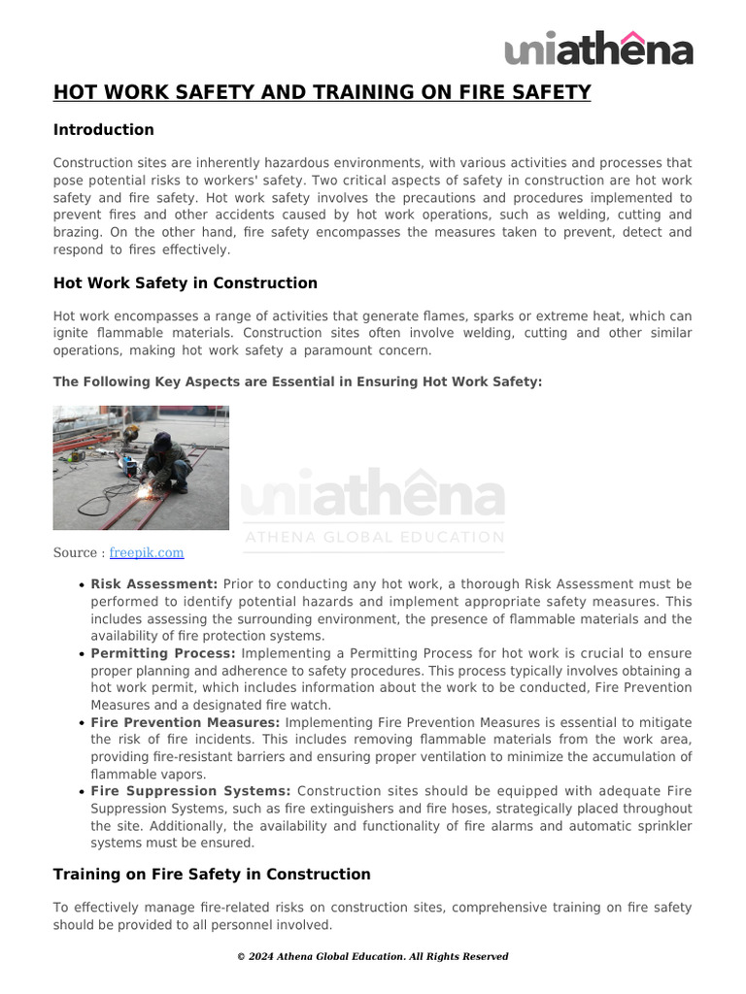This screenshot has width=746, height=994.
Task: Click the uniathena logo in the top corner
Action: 598,48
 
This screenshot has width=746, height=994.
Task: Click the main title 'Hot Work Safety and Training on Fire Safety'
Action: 322,92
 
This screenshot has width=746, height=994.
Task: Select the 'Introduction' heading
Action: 103,130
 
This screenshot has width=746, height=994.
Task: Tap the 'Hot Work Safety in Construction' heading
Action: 185,283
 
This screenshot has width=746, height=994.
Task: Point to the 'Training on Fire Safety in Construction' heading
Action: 212,875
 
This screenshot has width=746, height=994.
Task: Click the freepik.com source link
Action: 146,552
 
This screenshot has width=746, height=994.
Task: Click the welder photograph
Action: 141,468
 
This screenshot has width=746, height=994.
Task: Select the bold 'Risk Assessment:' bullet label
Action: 154,584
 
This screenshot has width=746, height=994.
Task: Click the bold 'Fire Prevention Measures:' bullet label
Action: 186,722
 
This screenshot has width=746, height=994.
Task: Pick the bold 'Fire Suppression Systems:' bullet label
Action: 190,791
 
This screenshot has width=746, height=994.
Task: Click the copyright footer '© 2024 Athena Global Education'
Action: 372,956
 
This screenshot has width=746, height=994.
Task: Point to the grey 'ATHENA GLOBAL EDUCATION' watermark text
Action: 374,537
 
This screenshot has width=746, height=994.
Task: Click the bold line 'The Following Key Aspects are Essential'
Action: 297,381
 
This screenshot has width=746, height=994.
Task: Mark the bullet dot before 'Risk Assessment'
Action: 82,585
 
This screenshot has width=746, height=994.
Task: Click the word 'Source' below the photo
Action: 75,552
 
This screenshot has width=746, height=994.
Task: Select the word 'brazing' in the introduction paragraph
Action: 78,232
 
